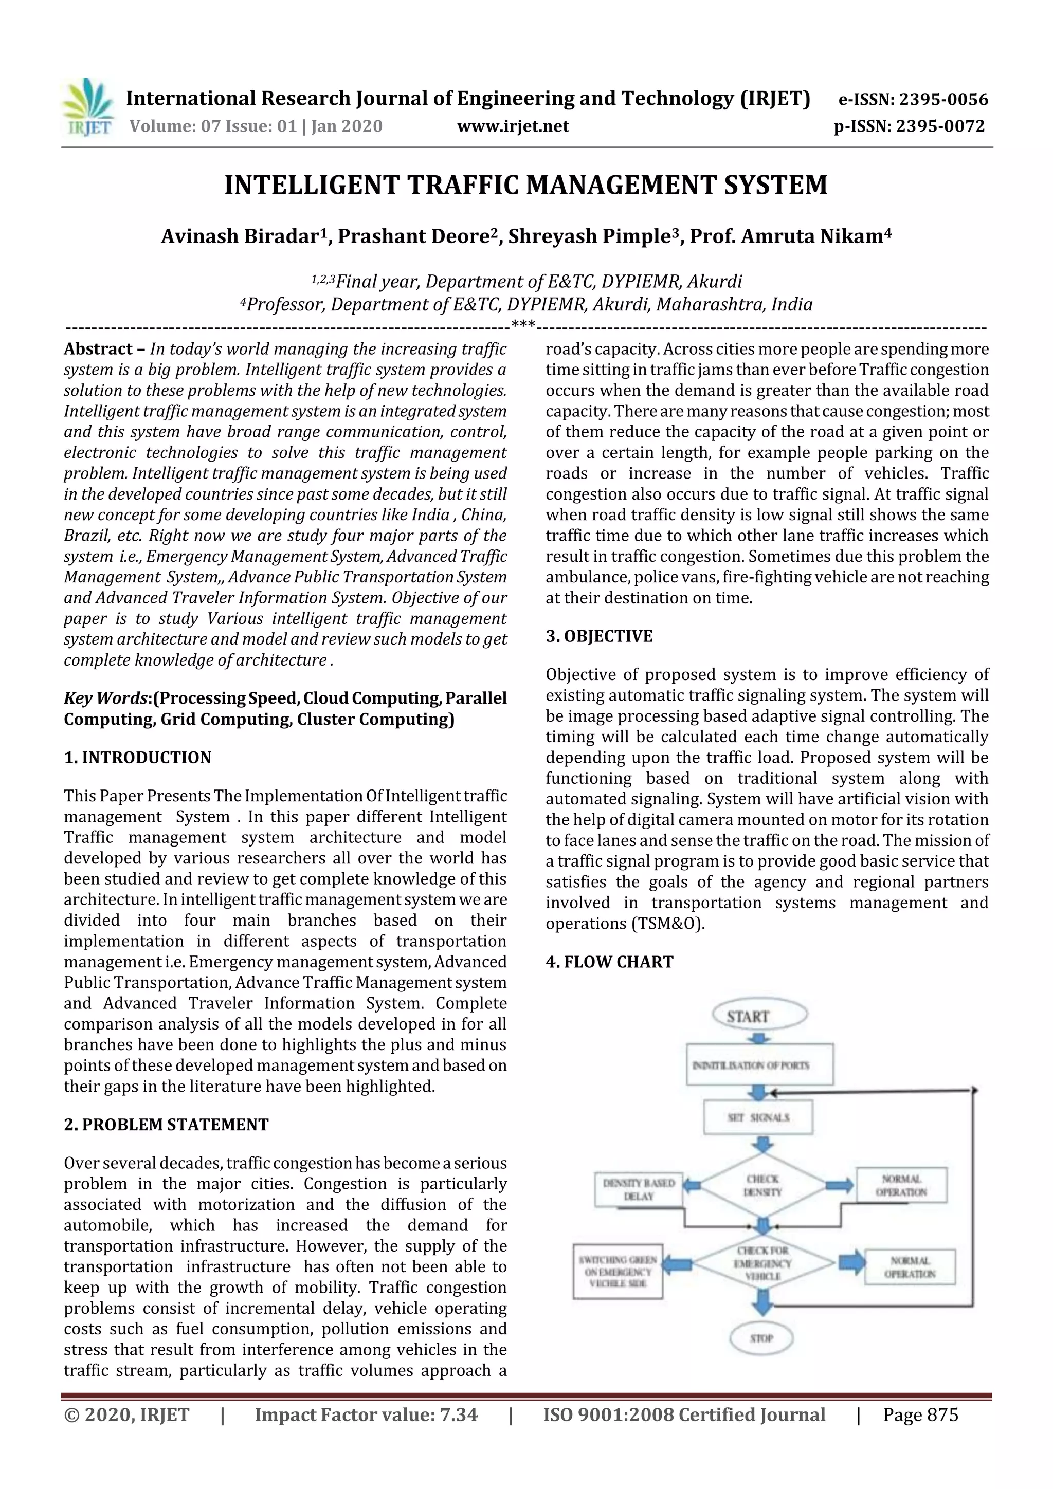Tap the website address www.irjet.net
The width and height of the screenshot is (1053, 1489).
pyautogui.click(x=513, y=126)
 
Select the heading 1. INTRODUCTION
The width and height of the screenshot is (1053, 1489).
pyautogui.click(x=138, y=758)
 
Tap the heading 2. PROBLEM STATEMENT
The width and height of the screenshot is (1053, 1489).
pyautogui.click(x=166, y=1125)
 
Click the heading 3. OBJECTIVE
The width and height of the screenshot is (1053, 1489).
pyautogui.click(x=599, y=636)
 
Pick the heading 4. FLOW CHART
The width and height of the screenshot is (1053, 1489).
pyautogui.click(x=609, y=962)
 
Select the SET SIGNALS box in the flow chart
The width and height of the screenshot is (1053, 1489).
pyautogui.click(x=758, y=1117)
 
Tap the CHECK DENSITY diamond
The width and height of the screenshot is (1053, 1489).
pyautogui.click(x=763, y=1185)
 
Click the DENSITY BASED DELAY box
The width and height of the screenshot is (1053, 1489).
pyautogui.click(x=639, y=1189)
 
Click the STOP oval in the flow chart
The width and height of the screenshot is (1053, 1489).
pyautogui.click(x=761, y=1338)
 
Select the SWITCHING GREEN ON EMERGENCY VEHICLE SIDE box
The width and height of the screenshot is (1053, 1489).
pyautogui.click(x=618, y=1271)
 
